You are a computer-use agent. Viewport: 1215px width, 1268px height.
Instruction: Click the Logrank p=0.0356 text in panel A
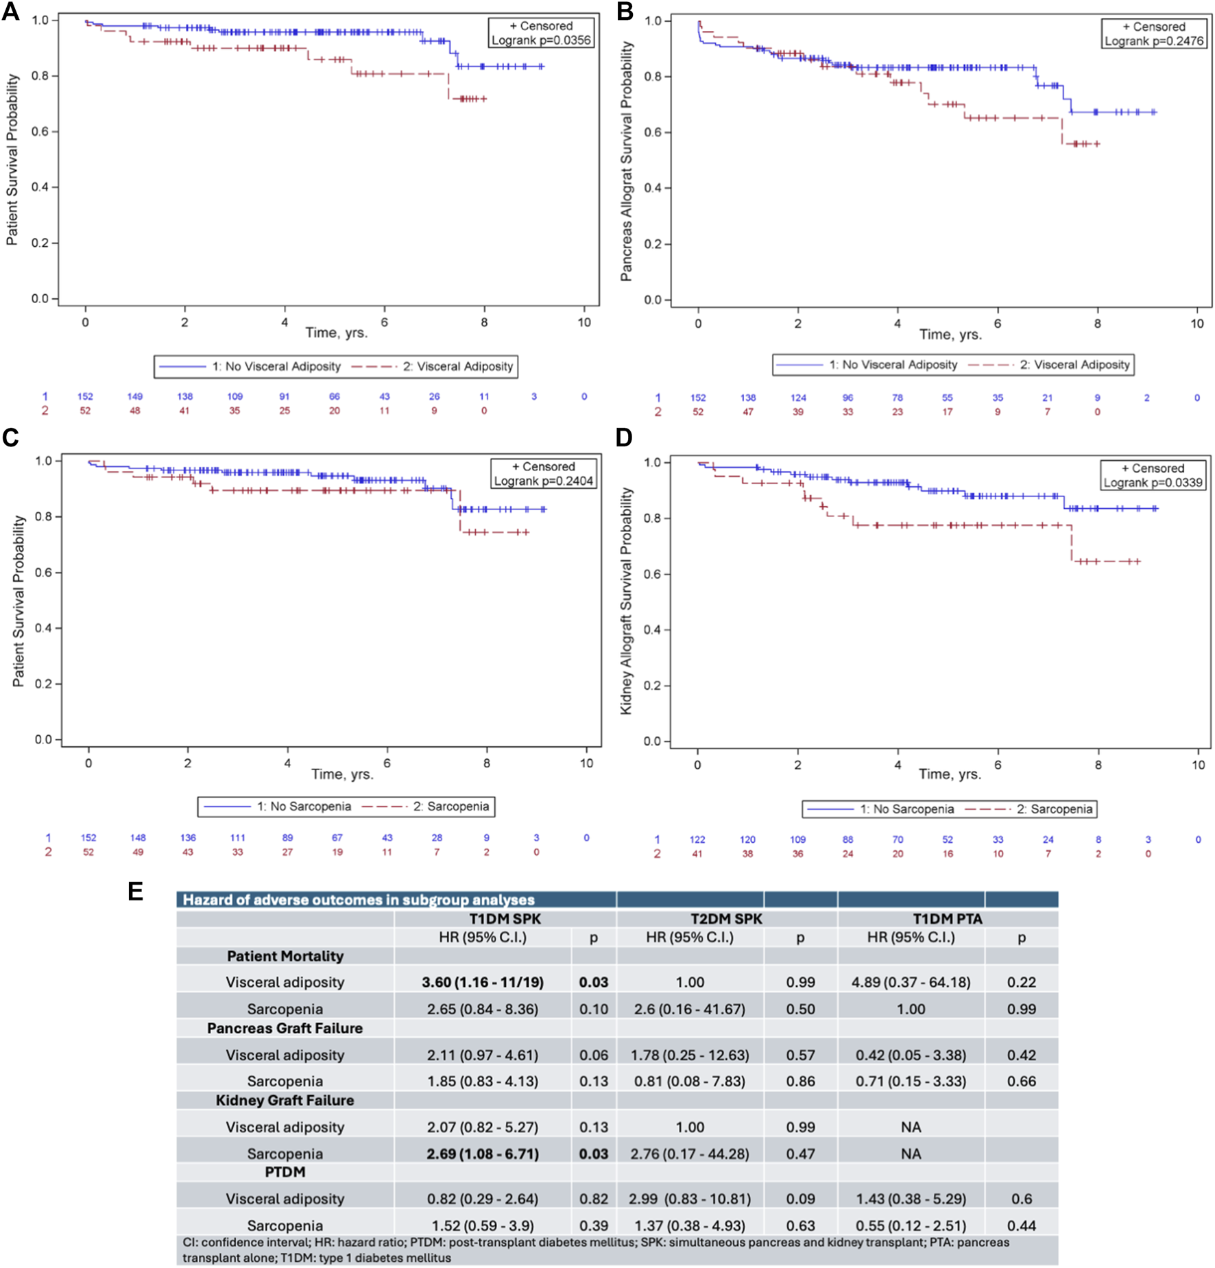(541, 40)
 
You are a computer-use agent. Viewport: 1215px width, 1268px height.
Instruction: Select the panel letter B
(625, 12)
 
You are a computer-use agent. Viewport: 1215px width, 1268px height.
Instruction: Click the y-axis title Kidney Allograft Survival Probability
(625, 601)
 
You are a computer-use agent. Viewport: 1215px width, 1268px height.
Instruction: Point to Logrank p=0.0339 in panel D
(1153, 483)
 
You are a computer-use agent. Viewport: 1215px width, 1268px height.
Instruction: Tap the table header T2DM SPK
(726, 919)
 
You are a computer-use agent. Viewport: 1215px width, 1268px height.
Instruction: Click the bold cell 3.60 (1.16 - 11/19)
(483, 982)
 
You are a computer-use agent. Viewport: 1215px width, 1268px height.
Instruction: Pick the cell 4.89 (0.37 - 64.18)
(911, 982)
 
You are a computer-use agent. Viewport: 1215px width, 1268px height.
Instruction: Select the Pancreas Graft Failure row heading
(285, 1029)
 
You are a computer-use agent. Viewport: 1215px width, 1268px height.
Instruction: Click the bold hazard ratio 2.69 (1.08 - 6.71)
(483, 1153)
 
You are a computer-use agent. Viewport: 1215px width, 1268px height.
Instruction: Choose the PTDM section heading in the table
(285, 1172)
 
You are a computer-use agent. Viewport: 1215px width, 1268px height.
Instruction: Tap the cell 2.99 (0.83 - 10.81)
(690, 1199)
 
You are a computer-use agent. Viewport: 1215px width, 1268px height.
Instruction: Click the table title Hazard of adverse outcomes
(358, 900)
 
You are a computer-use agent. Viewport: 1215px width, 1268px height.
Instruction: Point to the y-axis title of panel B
(625, 161)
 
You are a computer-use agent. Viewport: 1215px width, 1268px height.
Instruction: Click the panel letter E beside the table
(135, 892)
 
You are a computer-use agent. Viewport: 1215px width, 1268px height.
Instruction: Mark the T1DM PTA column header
(948, 919)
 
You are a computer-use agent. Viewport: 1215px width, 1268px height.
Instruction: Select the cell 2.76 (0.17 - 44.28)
(690, 1153)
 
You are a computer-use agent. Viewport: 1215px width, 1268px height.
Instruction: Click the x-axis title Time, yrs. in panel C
(342, 774)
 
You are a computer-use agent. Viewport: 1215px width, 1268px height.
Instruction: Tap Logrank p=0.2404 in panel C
(544, 481)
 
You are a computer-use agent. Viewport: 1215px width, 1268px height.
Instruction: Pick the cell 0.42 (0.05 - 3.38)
(911, 1055)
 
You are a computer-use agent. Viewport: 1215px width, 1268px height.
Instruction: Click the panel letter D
(624, 438)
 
